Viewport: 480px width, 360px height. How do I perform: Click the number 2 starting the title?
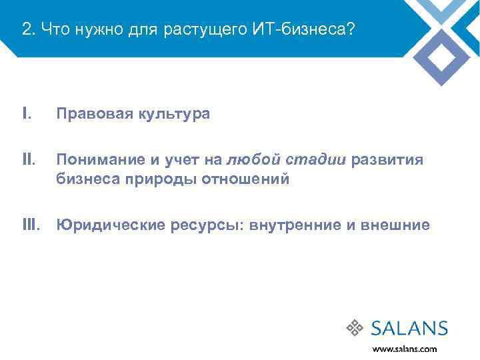click(25, 29)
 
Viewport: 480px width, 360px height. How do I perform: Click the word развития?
click(386, 160)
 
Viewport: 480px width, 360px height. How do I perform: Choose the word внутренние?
click(295, 225)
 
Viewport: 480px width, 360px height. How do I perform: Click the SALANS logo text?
click(409, 328)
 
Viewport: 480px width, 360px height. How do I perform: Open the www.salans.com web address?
click(405, 348)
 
